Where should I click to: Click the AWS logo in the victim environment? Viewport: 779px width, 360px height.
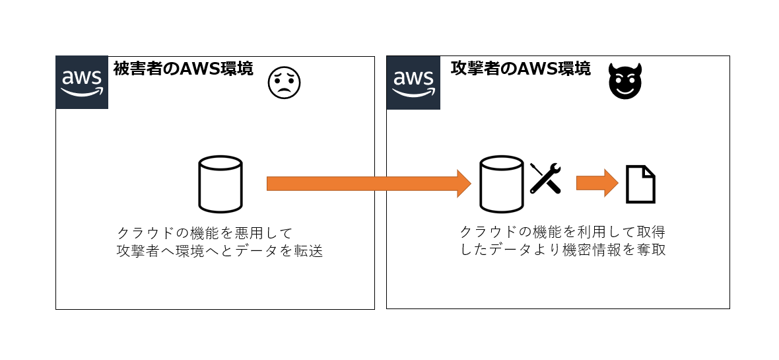point(82,83)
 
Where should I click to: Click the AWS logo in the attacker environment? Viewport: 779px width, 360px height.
point(413,83)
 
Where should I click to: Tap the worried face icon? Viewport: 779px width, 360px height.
point(284,82)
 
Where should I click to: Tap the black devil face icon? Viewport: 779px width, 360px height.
point(624,83)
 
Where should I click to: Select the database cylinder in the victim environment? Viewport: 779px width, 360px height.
point(220,184)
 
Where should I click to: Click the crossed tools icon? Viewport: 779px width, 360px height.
point(545,178)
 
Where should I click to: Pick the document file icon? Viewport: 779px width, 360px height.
point(640,184)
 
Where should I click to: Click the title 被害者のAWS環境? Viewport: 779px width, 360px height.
point(183,69)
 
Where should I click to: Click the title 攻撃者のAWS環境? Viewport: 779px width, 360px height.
point(520,69)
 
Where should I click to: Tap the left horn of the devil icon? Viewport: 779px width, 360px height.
point(612,71)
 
